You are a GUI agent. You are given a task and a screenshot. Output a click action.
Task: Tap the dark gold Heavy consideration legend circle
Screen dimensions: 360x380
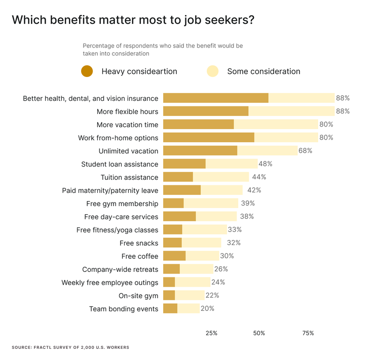click(x=87, y=71)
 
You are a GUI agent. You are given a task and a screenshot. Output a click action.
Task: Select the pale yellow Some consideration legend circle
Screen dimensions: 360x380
click(x=212, y=71)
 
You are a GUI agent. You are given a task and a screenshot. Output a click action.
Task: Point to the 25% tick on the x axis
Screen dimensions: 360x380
click(x=211, y=333)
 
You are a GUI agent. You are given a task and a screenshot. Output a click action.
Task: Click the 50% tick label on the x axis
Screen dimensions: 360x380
click(x=259, y=333)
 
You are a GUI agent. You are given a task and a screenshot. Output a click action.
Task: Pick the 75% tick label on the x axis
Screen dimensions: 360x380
click(x=308, y=333)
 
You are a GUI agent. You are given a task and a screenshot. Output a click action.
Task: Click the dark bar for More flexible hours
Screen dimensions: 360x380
click(x=206, y=111)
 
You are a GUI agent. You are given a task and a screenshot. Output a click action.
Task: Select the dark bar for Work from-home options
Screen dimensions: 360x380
click(x=208, y=138)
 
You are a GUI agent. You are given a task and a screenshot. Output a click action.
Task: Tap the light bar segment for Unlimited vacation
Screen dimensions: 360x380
click(x=267, y=151)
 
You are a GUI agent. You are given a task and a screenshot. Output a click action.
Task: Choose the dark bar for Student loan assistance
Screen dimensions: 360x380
click(x=184, y=164)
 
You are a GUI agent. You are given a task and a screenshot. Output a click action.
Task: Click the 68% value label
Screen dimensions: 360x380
click(x=306, y=151)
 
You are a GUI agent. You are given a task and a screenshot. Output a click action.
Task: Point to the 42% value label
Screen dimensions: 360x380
click(x=254, y=190)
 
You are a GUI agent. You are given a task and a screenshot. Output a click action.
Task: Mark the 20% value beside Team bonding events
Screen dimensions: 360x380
click(x=207, y=308)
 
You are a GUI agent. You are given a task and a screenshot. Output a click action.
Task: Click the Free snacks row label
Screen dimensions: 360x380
click(x=139, y=243)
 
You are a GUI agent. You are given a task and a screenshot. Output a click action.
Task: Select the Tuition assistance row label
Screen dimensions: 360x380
click(x=129, y=177)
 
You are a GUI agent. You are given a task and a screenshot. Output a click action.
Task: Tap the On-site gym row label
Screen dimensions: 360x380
click(x=138, y=296)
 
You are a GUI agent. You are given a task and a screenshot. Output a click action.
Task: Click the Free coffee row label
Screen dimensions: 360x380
click(x=140, y=256)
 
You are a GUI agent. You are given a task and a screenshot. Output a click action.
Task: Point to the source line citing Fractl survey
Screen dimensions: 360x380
click(x=70, y=347)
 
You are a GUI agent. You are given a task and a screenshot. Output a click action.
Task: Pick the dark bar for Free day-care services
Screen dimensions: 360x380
click(x=179, y=217)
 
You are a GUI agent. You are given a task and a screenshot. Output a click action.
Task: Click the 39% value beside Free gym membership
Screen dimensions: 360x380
click(x=248, y=204)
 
